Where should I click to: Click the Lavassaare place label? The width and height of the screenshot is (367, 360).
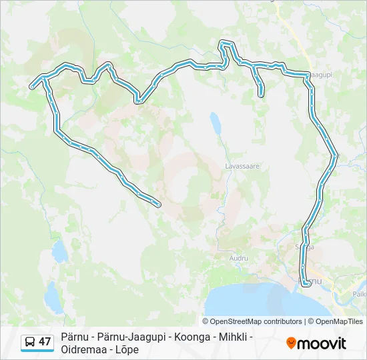pos(242,165)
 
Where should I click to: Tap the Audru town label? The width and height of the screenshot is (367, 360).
pos(239,257)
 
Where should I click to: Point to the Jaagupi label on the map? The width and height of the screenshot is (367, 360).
pos(321,75)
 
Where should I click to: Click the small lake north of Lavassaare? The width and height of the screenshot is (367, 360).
pos(216,123)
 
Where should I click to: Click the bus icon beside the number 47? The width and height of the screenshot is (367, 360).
pos(30,342)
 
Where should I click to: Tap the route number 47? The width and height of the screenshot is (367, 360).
pos(45,342)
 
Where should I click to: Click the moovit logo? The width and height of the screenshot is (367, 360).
pos(316,343)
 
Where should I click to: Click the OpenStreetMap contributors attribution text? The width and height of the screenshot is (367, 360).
pos(256,321)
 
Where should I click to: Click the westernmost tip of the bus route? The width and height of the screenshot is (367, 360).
pos(31,86)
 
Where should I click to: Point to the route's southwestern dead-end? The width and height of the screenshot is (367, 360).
pos(158,205)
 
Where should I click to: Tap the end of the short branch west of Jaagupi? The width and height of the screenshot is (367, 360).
pos(261,95)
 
